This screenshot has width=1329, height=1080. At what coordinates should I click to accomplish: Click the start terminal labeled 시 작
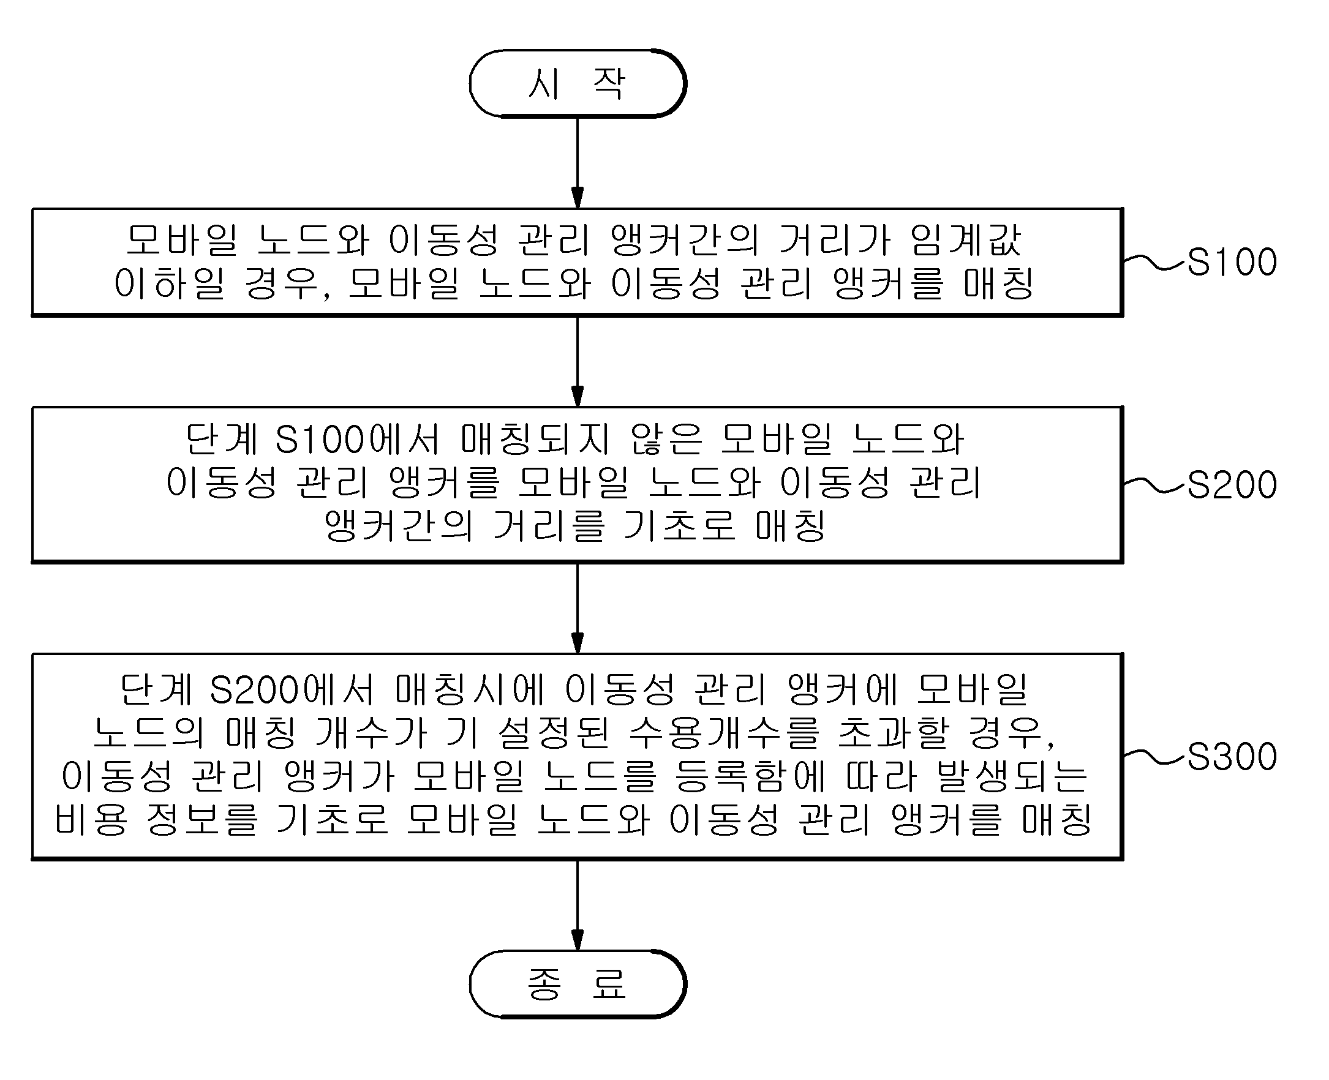pos(578,83)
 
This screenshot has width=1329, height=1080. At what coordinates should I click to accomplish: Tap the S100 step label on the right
pos(1232,262)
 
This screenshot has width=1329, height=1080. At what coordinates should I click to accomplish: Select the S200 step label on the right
pos(1232,485)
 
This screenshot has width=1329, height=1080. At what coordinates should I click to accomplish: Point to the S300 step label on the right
pos(1232,757)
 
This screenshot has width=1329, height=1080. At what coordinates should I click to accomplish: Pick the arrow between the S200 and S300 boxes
pos(578,609)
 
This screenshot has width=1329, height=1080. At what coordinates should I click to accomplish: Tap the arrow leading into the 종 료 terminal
pos(578,905)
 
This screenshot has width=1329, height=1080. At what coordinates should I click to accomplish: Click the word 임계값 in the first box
pos(965,240)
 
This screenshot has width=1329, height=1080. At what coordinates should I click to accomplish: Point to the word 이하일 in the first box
pos(169,283)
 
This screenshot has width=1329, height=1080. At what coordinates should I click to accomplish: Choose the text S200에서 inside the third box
pos(292,691)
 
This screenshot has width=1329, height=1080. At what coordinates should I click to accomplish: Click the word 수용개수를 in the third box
pos(724,733)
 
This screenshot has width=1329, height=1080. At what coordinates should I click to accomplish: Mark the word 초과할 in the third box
pos(893,733)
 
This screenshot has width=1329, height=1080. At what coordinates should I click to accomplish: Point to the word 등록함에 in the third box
pos(750,776)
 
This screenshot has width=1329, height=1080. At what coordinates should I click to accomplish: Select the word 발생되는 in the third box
pos(1012,776)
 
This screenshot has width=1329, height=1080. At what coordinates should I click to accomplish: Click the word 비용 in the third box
pos(91,819)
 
